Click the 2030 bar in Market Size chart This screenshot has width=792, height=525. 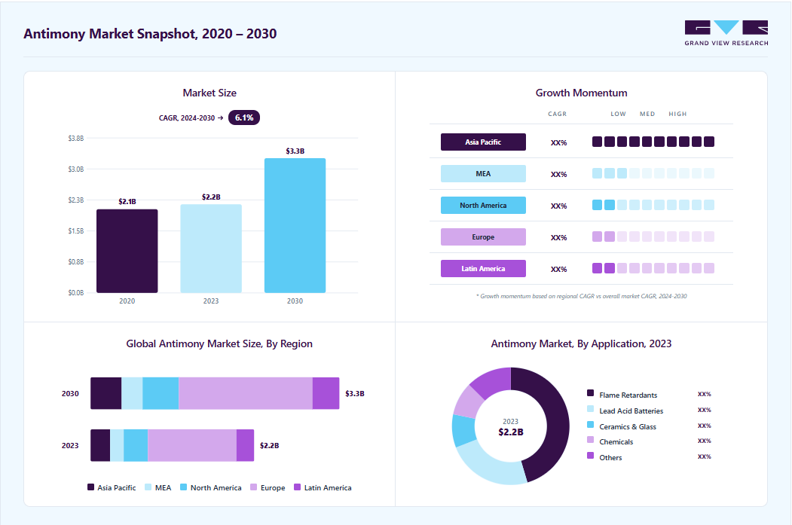295,225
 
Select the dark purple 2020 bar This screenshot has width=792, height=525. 127,251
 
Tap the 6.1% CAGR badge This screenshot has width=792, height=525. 244,118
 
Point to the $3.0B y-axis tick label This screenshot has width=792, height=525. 76,169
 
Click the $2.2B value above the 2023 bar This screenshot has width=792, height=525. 211,197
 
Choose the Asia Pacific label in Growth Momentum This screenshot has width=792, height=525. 483,142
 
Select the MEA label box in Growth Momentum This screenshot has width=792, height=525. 483,174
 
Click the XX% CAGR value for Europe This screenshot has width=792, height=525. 558,238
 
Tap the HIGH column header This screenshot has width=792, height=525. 677,114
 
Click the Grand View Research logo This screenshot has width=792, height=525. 726,33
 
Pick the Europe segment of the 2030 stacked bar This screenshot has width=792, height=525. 246,393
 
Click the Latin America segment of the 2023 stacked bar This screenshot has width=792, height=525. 245,445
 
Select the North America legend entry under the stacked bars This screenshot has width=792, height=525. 211,487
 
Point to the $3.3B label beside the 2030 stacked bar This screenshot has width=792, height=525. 355,393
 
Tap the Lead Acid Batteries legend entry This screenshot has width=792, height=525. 625,411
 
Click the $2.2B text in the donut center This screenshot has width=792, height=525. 511,432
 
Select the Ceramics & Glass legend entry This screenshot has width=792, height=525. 622,426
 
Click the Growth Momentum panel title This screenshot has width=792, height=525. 581,93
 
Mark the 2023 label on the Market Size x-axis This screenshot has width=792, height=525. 211,301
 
